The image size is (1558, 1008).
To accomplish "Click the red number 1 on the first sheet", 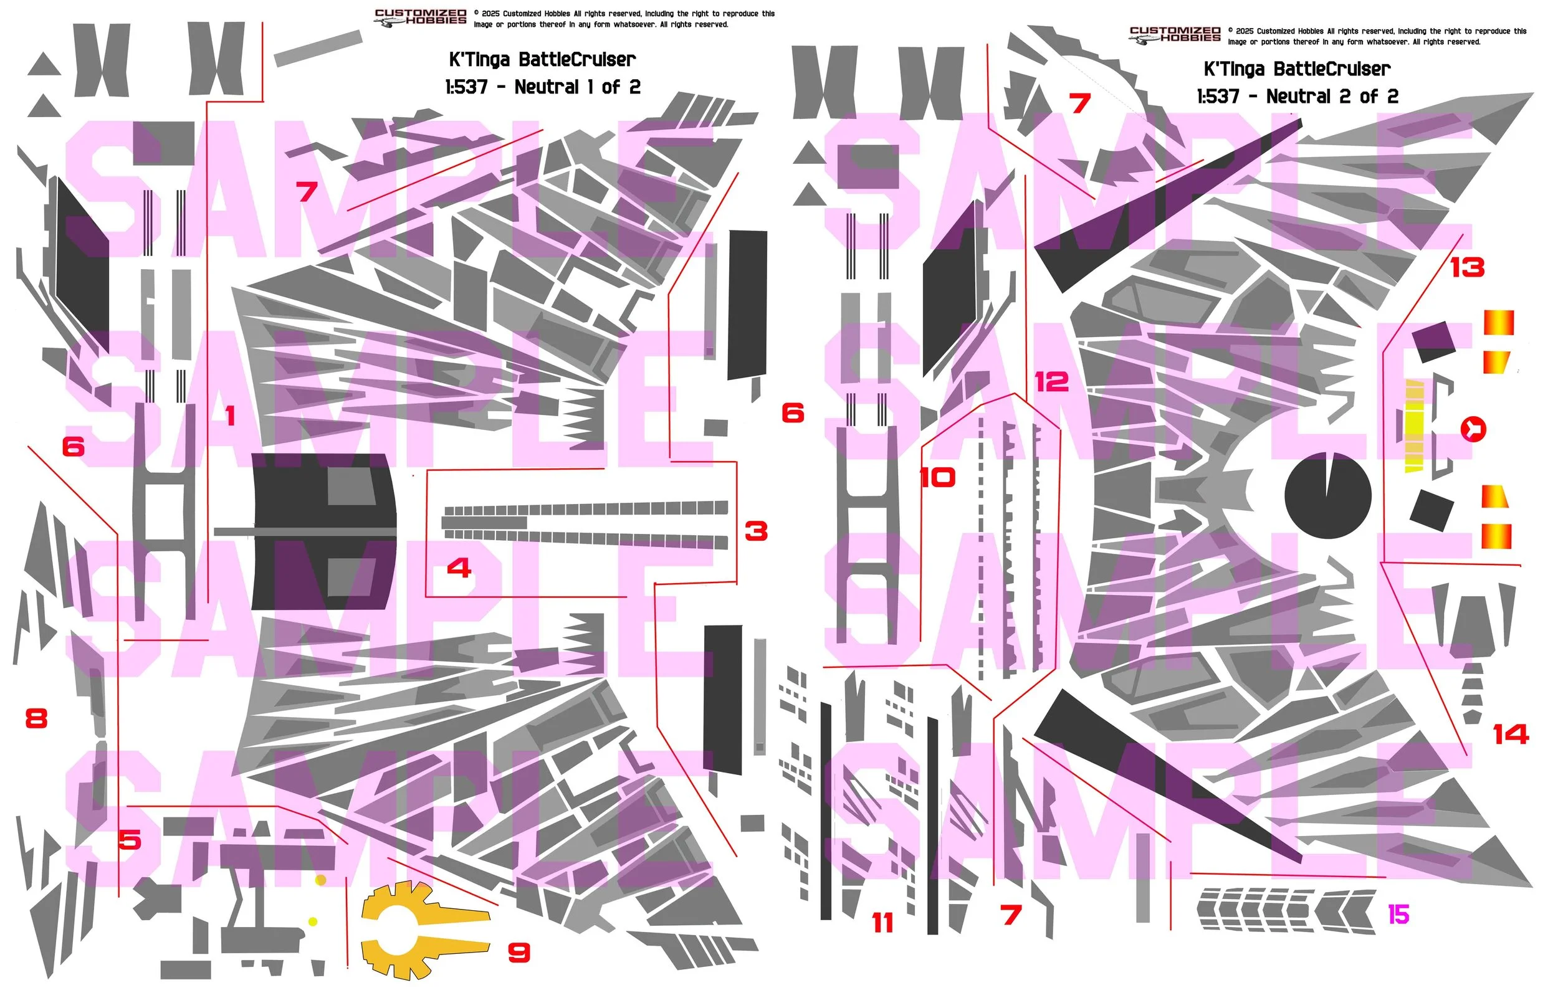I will [x=230, y=416].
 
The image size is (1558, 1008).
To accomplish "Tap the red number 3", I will [x=756, y=531].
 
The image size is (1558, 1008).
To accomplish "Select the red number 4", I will [x=459, y=568].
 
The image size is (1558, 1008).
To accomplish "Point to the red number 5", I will [x=130, y=840].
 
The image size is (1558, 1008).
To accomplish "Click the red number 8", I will [x=36, y=719].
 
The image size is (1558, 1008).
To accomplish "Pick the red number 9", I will [x=519, y=953].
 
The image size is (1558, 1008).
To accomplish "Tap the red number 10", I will [x=937, y=477].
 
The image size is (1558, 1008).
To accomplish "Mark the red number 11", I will [x=882, y=923].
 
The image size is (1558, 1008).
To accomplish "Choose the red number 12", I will [x=1051, y=382].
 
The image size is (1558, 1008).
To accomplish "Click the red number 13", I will [x=1467, y=267].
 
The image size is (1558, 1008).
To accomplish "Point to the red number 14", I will [x=1510, y=735].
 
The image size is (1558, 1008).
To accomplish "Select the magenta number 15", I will [x=1398, y=915].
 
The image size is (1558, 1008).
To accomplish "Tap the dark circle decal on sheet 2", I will [x=1327, y=495].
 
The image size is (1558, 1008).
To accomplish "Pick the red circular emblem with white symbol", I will [x=1473, y=429].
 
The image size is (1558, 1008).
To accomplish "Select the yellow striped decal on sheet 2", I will [x=1414, y=426].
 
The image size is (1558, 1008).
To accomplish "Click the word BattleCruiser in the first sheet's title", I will [x=576, y=60].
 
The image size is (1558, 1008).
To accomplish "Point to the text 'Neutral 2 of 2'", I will [x=1332, y=97].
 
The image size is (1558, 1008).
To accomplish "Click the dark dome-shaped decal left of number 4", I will [x=324, y=531].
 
